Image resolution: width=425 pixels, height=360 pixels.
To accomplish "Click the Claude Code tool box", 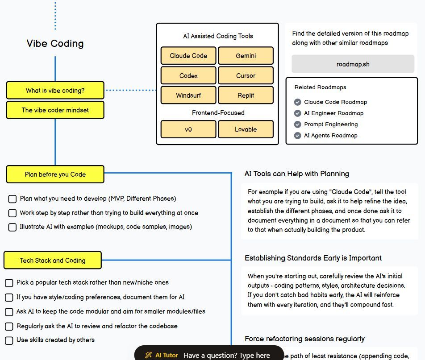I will pos(188,56).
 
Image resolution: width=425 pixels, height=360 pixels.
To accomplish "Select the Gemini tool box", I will pos(246,56).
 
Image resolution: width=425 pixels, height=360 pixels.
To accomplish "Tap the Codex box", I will pos(188,76).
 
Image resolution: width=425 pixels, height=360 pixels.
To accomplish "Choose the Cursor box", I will pos(246,76).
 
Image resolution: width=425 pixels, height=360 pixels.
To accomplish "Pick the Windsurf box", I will pos(188,95).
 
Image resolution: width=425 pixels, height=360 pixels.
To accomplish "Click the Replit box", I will pos(246,95).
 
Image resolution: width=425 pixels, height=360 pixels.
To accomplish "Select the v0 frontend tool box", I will pos(188,129).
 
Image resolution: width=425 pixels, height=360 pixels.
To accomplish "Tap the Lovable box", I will pos(246,129).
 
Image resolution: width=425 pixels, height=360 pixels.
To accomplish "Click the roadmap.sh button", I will pos(353,64).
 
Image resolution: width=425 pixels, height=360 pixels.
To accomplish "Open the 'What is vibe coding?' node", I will pos(55,91).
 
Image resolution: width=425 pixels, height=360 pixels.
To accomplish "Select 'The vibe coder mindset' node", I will pos(55,110).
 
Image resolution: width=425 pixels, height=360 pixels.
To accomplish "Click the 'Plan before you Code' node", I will pos(55,174).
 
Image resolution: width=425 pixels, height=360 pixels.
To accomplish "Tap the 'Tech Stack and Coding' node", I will pos(52,261).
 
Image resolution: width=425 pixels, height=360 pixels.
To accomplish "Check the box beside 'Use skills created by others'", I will pos(9,340).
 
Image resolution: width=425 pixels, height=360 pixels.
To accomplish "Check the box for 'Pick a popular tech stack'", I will pos(9,283).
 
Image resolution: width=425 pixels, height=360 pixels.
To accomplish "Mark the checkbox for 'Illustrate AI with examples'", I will pos(12,227).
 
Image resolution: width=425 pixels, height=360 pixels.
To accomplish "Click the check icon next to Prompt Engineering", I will pos(298,124).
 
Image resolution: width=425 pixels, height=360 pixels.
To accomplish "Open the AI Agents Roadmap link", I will pos(330,136).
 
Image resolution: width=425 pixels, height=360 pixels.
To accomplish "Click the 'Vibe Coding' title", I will pos(55,43).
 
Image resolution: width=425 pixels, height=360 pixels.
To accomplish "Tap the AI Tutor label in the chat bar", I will pos(166,355).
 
